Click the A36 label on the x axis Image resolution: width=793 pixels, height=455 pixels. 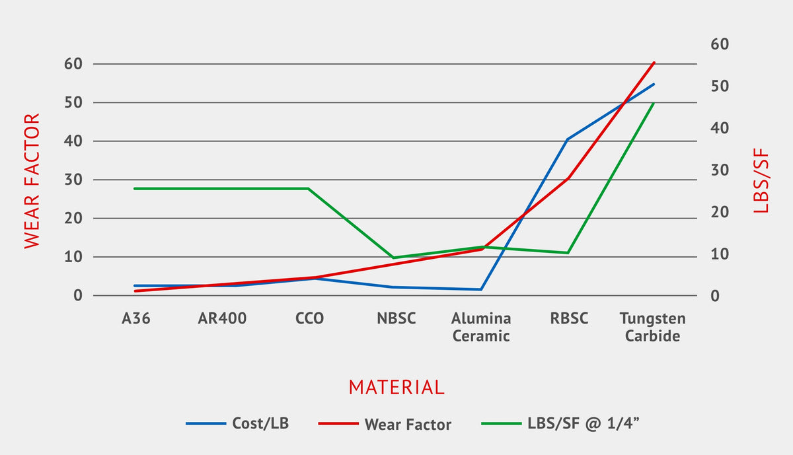tap(136, 319)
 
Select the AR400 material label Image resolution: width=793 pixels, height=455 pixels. tap(222, 319)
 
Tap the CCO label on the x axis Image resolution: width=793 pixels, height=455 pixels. tap(309, 319)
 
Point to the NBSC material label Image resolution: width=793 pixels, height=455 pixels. tap(396, 319)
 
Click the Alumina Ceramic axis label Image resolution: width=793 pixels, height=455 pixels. tap(481, 327)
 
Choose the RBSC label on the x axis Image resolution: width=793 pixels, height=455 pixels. tap(569, 319)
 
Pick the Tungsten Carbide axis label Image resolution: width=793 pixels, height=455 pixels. tap(652, 327)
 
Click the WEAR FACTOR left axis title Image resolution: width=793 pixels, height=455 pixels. tap(32, 181)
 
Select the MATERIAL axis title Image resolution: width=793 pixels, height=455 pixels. tap(397, 387)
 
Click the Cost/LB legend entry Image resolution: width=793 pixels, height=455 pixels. tap(260, 423)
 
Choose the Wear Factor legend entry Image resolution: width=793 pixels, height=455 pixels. tap(407, 424)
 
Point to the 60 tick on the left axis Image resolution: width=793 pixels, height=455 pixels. tap(73, 64)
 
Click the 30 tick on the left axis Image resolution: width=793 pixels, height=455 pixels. tap(73, 180)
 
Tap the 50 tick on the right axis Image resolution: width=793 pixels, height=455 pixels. tap(719, 87)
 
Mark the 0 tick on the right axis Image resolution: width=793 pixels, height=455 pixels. tap(715, 296)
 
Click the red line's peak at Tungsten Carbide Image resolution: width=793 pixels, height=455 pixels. tap(654, 63)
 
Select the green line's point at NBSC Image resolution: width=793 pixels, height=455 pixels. tap(394, 258)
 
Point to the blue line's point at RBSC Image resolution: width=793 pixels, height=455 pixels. tap(567, 139)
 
